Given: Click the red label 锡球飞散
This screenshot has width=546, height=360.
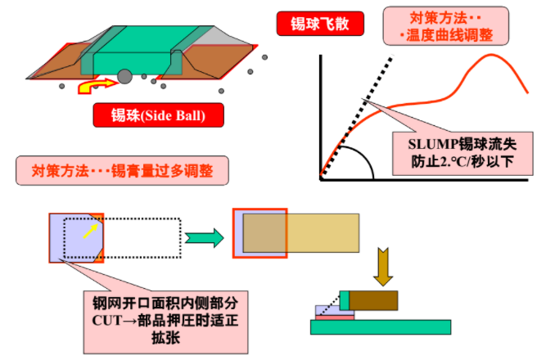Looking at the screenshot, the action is point(320,24).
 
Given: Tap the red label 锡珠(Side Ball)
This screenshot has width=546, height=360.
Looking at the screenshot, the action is point(159,115).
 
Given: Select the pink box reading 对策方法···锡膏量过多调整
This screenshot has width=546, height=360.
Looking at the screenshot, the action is point(122,171).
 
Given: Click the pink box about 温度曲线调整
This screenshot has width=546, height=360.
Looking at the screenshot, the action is point(445,26).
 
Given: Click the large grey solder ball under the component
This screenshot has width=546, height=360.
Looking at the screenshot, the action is point(124,77).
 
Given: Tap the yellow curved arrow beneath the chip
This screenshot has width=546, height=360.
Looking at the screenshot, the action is point(97,86).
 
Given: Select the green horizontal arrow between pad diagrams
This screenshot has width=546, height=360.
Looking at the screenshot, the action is point(205,238).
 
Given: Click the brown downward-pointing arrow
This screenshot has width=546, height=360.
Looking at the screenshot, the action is point(383,267).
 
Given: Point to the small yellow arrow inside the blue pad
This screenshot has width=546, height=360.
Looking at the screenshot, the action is point(90,232).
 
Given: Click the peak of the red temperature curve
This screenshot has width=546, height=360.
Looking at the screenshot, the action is point(492,54).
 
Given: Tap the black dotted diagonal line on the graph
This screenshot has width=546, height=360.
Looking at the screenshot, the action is point(357,115).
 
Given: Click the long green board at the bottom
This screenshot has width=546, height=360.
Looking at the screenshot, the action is point(381,327).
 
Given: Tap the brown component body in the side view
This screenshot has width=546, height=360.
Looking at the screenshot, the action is point(373,300).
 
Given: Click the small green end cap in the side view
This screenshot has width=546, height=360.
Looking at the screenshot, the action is point(345,300).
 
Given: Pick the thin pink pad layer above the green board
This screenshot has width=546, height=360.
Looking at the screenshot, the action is point(335,317).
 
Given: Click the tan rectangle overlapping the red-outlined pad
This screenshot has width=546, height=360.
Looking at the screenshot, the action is point(301,233).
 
